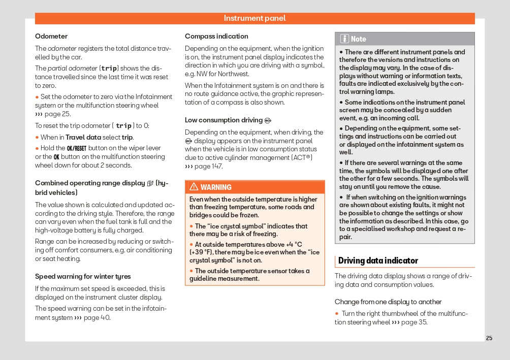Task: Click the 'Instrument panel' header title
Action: (x=254, y=18)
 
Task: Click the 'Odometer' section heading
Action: (x=51, y=36)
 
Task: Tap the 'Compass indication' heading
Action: (x=216, y=36)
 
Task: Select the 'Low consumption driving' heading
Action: (x=224, y=120)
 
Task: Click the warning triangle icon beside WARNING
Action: (x=194, y=187)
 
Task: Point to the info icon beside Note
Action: (x=344, y=39)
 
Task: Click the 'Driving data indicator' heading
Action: (x=378, y=260)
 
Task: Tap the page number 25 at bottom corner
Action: (x=489, y=338)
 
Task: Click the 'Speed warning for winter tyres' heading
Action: (x=83, y=276)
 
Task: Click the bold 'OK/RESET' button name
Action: (x=77, y=148)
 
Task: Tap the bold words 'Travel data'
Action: (x=83, y=137)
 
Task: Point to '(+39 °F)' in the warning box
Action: (x=203, y=252)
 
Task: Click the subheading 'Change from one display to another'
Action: (x=388, y=302)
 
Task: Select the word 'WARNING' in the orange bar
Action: (x=216, y=187)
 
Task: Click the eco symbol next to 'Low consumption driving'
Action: (x=268, y=120)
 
